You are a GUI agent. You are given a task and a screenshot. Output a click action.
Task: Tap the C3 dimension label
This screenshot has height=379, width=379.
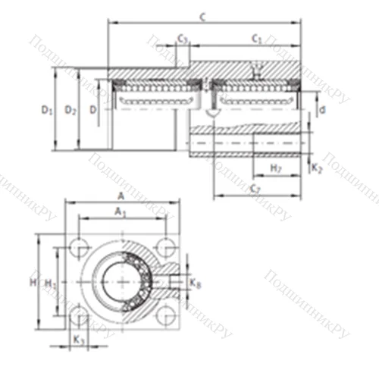tap(183, 38)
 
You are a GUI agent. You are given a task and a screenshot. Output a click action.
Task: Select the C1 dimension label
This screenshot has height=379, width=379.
tap(257, 38)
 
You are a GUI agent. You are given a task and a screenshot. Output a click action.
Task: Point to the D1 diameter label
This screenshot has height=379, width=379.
tap(47, 111)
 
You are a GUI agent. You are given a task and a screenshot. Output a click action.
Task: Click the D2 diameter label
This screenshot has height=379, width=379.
tap(70, 111)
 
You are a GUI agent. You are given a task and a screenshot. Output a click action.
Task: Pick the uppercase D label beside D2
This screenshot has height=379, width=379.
tap(93, 111)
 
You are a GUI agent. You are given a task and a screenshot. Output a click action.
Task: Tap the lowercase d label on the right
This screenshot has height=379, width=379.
tap(322, 111)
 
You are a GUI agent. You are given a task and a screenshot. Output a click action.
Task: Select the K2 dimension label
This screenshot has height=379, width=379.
tap(316, 168)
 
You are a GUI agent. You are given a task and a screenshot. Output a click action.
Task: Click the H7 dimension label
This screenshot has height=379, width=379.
tap(276, 167)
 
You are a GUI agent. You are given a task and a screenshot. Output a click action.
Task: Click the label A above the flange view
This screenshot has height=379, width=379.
tap(121, 196)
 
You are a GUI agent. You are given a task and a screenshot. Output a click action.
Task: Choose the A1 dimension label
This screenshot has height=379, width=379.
tap(120, 214)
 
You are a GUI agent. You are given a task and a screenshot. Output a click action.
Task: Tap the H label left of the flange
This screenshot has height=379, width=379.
tap(33, 282)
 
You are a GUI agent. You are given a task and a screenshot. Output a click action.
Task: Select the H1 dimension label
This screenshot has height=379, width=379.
tap(50, 283)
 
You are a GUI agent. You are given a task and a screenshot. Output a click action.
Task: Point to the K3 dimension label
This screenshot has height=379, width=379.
tap(79, 340)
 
